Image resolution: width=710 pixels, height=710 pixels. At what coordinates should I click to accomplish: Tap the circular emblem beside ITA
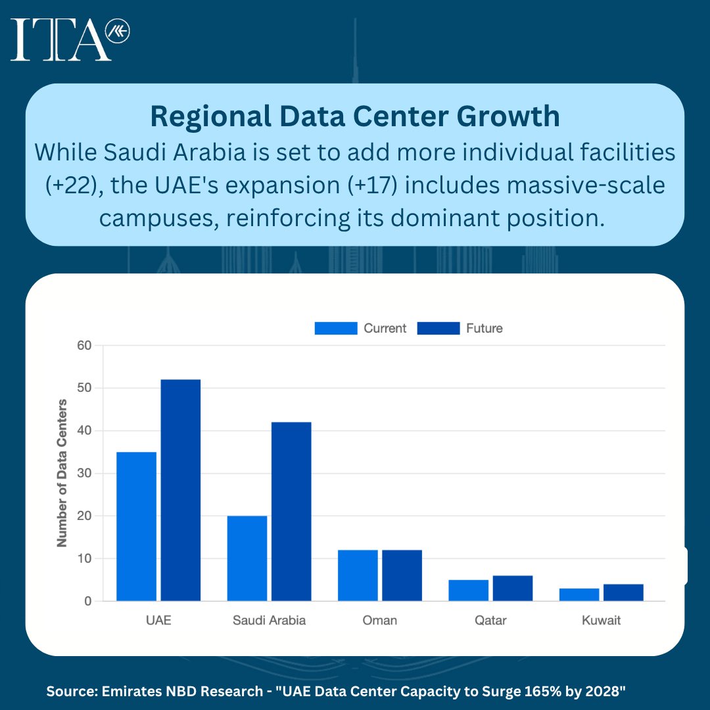pyautogui.click(x=118, y=32)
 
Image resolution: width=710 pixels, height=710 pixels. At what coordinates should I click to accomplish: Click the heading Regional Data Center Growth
pyautogui.click(x=355, y=116)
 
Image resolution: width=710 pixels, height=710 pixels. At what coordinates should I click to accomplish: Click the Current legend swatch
pyautogui.click(x=335, y=328)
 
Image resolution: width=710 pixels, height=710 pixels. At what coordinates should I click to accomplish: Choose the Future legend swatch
pyautogui.click(x=438, y=328)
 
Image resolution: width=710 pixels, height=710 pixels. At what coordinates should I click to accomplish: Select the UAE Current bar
pyautogui.click(x=136, y=526)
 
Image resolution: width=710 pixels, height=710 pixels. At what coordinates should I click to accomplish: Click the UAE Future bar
pyautogui.click(x=180, y=490)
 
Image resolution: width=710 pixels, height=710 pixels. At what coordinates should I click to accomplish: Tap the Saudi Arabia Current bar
pyautogui.click(x=247, y=558)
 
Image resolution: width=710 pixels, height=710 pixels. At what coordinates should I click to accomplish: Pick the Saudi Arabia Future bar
pyautogui.click(x=291, y=511)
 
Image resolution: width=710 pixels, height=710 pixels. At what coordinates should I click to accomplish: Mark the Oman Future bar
pyautogui.click(x=402, y=575)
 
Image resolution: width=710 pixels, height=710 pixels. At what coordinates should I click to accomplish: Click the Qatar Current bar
pyautogui.click(x=469, y=590)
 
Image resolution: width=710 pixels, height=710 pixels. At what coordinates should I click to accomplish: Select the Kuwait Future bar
pyautogui.click(x=623, y=592)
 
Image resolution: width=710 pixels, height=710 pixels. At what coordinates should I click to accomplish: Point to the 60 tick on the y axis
pyautogui.click(x=85, y=345)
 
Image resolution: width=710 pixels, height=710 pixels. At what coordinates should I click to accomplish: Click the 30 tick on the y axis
pyautogui.click(x=85, y=473)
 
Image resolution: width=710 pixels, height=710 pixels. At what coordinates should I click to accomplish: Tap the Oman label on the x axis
pyautogui.click(x=380, y=621)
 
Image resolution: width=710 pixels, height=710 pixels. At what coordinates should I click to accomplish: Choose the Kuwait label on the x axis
pyautogui.click(x=601, y=621)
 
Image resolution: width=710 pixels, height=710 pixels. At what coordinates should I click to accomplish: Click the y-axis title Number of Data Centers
pyautogui.click(x=62, y=473)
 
